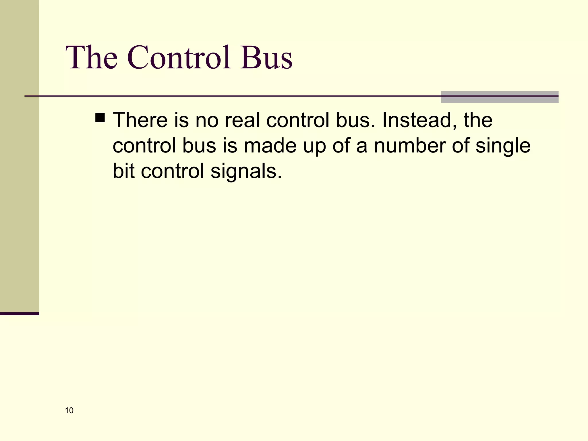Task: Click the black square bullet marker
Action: point(100,118)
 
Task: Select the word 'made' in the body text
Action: point(270,146)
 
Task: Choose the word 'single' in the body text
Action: point(503,146)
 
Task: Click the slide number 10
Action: point(69,411)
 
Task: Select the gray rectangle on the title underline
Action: point(500,97)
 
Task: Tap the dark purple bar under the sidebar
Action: point(20,314)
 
